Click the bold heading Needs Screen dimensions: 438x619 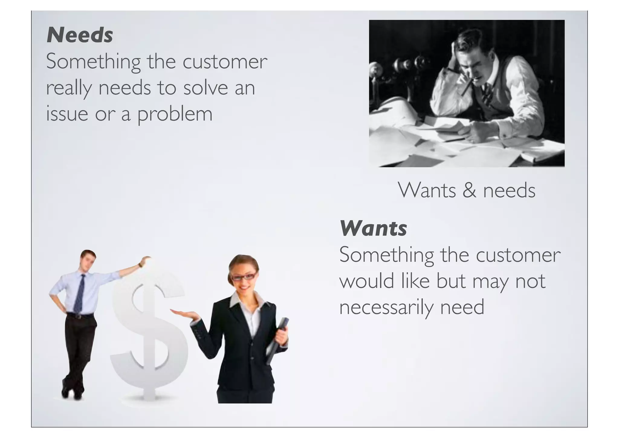click(80, 35)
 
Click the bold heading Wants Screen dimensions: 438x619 click(373, 228)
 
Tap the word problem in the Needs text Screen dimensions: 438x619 click(175, 114)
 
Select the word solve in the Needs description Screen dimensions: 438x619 click(206, 88)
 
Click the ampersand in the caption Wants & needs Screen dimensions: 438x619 click(469, 191)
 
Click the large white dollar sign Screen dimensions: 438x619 click(148, 333)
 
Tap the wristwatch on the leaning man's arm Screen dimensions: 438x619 click(140, 265)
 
